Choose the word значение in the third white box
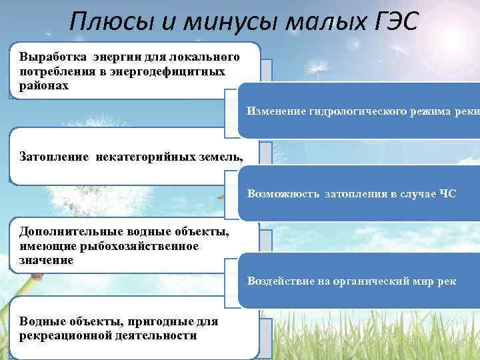(47, 260)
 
